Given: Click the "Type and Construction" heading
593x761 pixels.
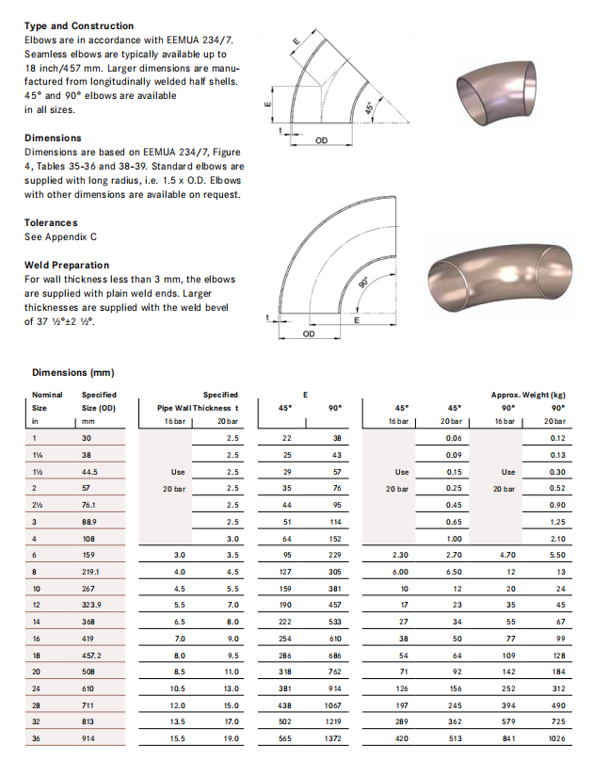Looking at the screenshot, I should pos(79,25).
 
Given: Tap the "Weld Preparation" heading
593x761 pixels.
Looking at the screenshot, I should pos(66,265).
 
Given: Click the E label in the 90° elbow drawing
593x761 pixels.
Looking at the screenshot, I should pos(355,321).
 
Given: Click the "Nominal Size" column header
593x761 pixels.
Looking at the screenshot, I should pos(46,400).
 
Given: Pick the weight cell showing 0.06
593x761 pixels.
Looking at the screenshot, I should pos(454,438).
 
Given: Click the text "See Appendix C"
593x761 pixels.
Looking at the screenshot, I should pos(60,237).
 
